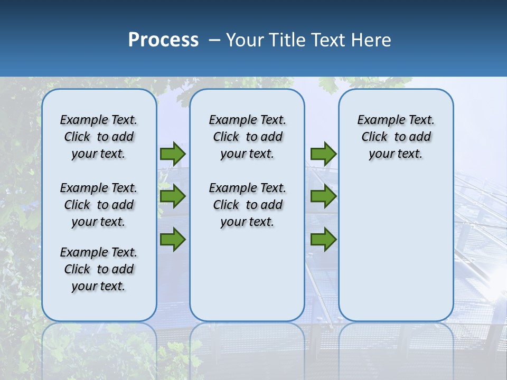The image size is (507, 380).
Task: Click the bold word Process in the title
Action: [163, 40]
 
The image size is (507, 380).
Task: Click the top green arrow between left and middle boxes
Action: [173, 154]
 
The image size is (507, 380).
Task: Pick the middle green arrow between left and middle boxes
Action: [173, 196]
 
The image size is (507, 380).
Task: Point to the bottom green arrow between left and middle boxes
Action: [173, 239]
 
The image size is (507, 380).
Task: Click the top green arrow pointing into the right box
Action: [323, 154]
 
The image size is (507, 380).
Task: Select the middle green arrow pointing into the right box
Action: [323, 196]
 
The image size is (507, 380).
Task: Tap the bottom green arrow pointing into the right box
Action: [323, 239]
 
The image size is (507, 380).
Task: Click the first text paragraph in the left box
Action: [99, 137]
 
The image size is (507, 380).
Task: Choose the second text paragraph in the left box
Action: [99, 205]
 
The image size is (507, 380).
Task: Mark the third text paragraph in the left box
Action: [99, 269]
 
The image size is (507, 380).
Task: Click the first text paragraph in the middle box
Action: [247, 137]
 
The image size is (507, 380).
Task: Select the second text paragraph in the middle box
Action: [247, 205]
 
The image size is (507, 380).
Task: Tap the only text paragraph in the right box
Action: [396, 137]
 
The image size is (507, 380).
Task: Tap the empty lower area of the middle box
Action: [247, 274]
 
